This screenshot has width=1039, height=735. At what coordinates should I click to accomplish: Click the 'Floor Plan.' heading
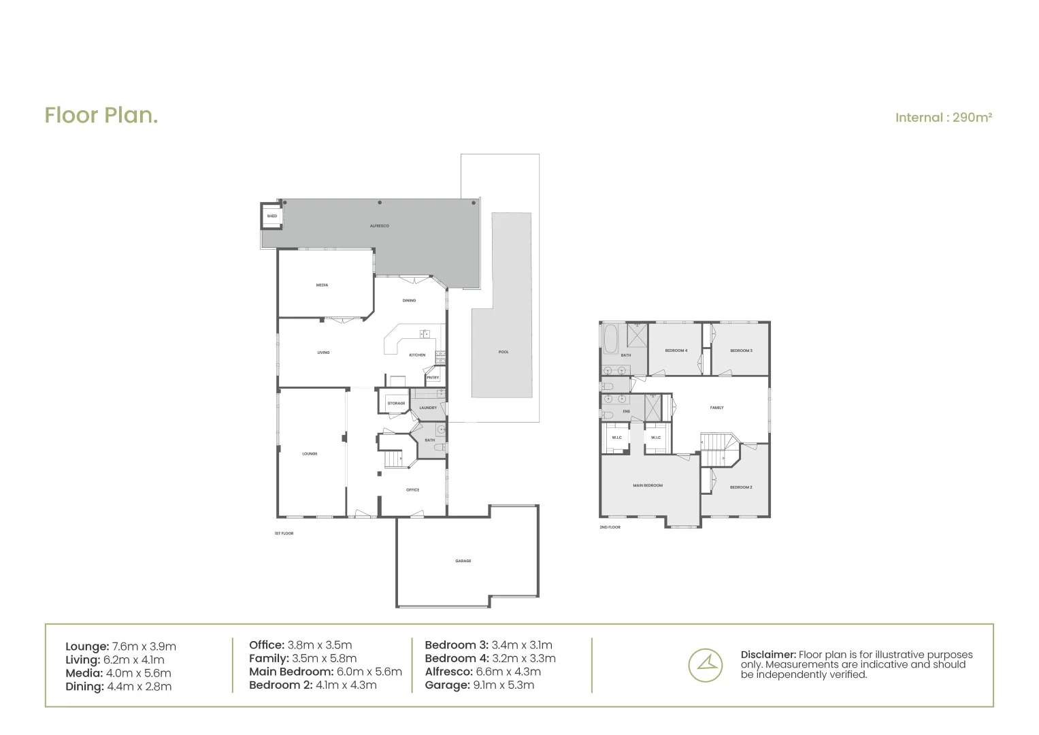(101, 116)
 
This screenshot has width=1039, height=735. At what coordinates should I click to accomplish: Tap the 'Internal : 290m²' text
(943, 118)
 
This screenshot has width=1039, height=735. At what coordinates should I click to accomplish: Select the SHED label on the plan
(272, 216)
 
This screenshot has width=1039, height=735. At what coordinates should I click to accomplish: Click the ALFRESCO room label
(379, 226)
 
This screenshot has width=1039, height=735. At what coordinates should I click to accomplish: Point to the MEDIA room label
(322, 285)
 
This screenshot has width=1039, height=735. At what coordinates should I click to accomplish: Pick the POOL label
(504, 352)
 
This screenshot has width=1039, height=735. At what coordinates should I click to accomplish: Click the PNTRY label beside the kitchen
(433, 378)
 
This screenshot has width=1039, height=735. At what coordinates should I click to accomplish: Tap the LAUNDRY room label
(428, 408)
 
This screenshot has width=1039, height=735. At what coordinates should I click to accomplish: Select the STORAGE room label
(396, 404)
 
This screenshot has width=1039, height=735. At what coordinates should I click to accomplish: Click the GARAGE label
(463, 561)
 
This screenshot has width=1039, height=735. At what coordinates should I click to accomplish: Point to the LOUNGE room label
(310, 453)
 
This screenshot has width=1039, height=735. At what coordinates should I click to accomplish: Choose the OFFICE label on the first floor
(412, 490)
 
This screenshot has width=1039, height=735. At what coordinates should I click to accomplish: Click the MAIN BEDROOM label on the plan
(648, 485)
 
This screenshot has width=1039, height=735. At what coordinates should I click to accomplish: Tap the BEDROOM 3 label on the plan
(741, 350)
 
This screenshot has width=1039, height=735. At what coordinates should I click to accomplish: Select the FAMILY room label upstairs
(716, 408)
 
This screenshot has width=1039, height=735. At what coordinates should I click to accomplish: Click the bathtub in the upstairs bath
(609, 338)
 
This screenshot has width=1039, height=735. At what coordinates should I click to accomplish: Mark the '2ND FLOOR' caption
(610, 527)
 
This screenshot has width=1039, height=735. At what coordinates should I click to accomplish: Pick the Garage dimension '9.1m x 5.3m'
(503, 685)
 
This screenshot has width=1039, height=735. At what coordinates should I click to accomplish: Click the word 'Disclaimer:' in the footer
(768, 655)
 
